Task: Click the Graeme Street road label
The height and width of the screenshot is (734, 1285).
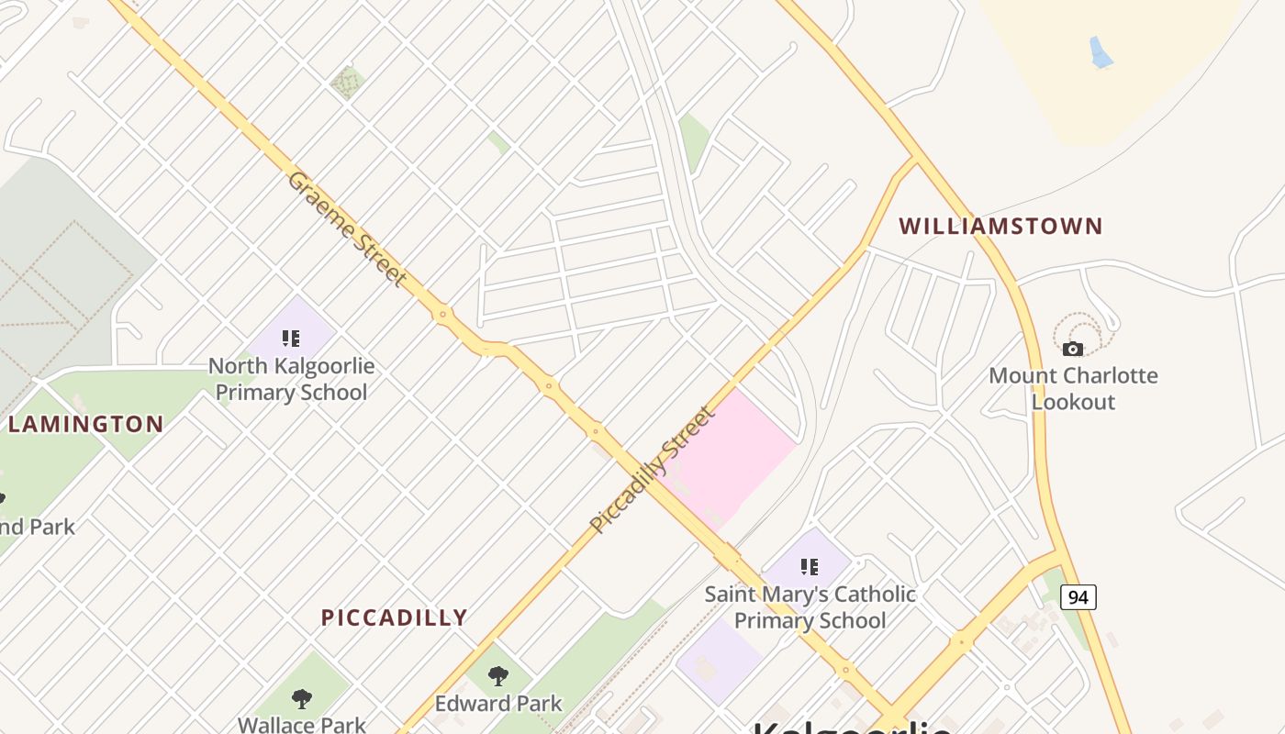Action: pyautogui.click(x=347, y=228)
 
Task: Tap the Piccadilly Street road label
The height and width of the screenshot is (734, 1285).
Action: pyautogui.click(x=652, y=470)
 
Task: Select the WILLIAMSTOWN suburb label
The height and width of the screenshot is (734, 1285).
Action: pyautogui.click(x=1000, y=226)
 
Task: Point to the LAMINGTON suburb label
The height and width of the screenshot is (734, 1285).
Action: pyautogui.click(x=85, y=424)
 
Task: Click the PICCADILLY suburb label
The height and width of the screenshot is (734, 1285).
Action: pyautogui.click(x=394, y=617)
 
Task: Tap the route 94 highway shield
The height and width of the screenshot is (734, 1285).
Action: pyautogui.click(x=1078, y=597)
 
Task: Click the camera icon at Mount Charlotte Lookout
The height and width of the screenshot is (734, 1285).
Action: pyautogui.click(x=1072, y=349)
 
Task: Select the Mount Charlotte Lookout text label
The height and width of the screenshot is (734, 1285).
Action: pyautogui.click(x=1073, y=388)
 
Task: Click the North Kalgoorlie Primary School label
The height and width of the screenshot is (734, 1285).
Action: pyautogui.click(x=291, y=379)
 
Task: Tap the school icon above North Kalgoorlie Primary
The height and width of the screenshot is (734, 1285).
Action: pyautogui.click(x=291, y=339)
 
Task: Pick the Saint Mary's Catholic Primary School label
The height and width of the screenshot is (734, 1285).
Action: pyautogui.click(x=810, y=606)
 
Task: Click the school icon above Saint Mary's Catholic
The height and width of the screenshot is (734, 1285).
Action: pyautogui.click(x=809, y=567)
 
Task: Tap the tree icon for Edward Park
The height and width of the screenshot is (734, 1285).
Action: pyautogui.click(x=498, y=676)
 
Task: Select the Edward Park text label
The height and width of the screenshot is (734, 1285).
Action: pyautogui.click(x=498, y=704)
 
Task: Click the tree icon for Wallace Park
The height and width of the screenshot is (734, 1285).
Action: pyautogui.click(x=301, y=699)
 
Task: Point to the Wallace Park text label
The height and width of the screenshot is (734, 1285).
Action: pyautogui.click(x=301, y=725)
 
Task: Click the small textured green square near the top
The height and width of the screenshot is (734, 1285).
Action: pyautogui.click(x=348, y=83)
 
